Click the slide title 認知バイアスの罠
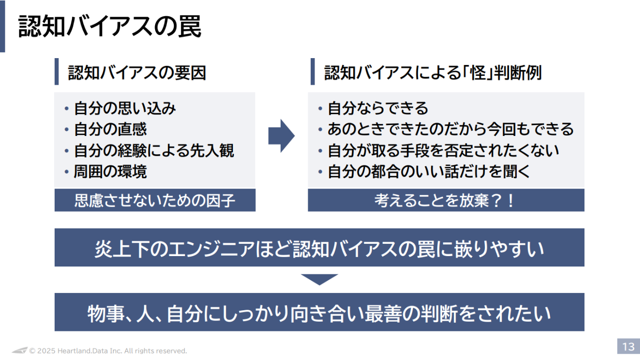(109, 27)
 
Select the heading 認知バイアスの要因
(136, 73)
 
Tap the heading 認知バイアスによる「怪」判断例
(432, 73)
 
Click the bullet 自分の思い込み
(125, 108)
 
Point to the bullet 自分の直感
(110, 129)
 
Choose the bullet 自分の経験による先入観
(154, 150)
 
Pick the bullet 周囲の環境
(110, 171)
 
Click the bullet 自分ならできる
(378, 108)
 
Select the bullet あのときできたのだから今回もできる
(450, 129)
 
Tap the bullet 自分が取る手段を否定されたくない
(443, 150)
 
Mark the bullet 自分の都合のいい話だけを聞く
(428, 171)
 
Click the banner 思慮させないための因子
(155, 200)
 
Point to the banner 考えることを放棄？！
(446, 200)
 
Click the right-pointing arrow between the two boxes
(281, 135)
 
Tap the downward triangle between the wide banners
(319, 279)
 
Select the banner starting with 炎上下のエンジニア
(319, 248)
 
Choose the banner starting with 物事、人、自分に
(319, 313)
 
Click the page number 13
(628, 346)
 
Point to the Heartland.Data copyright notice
(108, 351)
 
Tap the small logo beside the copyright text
(20, 350)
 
